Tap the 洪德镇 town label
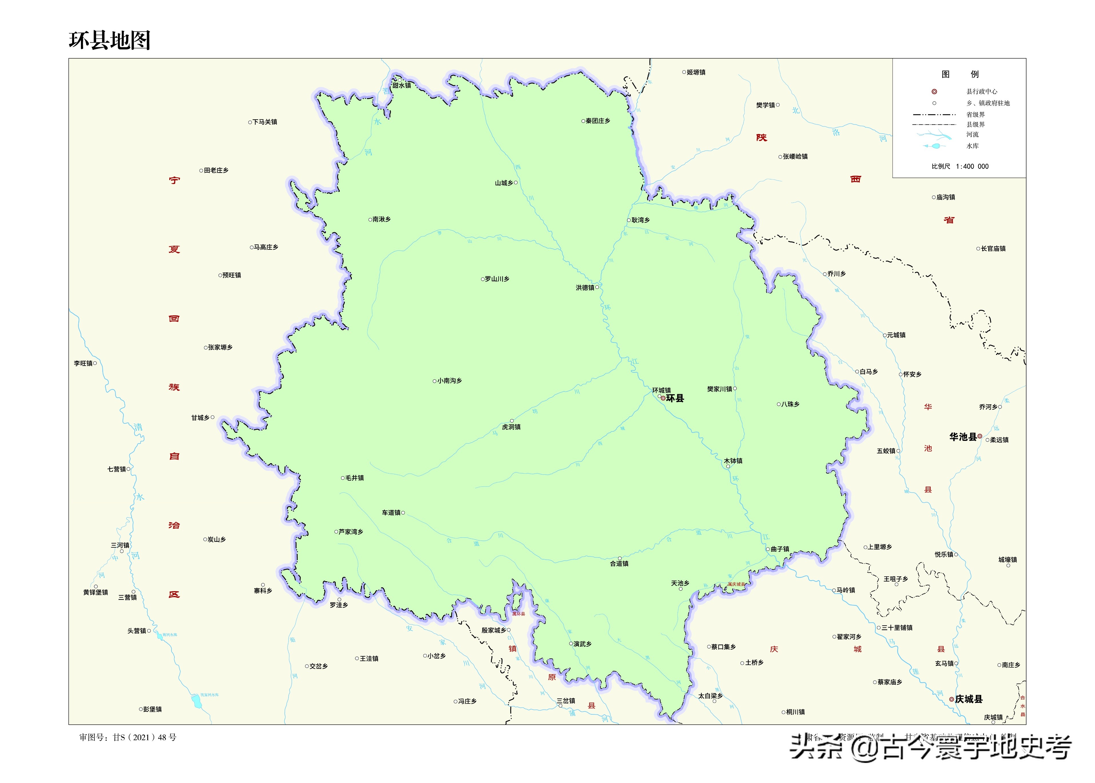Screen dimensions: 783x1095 tap(585, 288)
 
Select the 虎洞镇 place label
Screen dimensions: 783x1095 tap(511, 427)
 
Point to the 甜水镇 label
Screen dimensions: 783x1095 tap(401, 85)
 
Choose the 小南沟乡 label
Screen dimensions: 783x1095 tap(449, 381)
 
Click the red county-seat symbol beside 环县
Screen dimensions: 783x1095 tap(663, 398)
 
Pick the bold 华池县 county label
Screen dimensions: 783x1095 tap(963, 437)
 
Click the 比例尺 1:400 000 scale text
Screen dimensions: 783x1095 tap(960, 166)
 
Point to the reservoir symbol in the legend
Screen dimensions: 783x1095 tap(935, 146)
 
